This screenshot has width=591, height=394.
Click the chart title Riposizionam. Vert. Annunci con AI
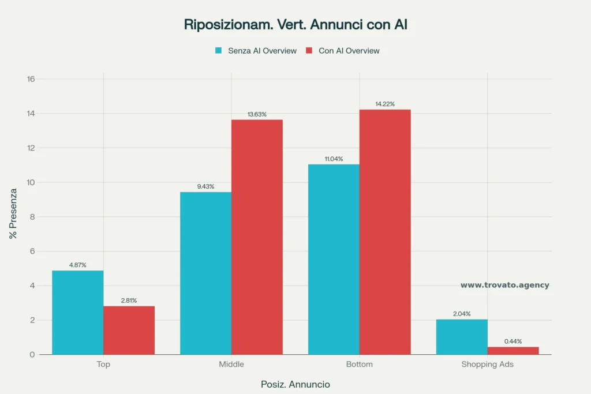coord(295,25)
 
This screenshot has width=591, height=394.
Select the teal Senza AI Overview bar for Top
coord(78,312)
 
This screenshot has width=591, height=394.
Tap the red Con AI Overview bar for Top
coord(129,330)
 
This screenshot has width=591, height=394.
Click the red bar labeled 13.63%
coord(257,237)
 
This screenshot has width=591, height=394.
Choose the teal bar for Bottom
coord(334,259)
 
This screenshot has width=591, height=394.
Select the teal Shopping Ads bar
coord(462,337)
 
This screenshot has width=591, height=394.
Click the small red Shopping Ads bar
coord(513,351)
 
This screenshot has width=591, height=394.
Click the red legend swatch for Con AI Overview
coord(308,51)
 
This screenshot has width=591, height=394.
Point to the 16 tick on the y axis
coord(31,79)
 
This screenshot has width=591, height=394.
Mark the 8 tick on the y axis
coord(33,217)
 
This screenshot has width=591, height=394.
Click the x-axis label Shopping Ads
coord(487,365)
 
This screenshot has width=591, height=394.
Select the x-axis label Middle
coord(231,365)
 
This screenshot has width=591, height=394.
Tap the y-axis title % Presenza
coord(13,216)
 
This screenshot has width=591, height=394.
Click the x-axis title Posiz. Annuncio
coord(295,384)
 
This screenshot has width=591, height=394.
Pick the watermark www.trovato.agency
coord(504,285)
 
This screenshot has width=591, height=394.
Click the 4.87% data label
coord(78,265)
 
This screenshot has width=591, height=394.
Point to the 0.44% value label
coord(513,342)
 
